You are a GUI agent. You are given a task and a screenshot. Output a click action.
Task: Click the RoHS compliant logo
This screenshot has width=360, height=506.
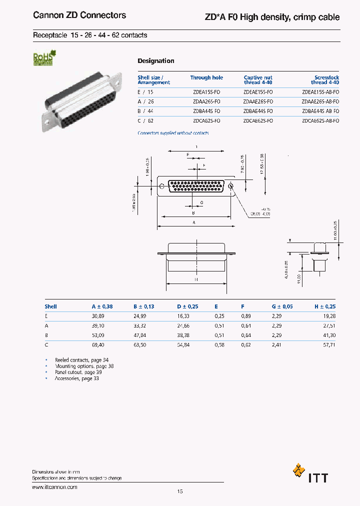pyautogui.click(x=43, y=59)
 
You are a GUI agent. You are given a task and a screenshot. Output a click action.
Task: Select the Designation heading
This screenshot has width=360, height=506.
pyautogui.click(x=156, y=61)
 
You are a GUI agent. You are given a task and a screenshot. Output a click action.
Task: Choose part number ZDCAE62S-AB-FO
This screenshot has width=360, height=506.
pyautogui.click(x=320, y=121)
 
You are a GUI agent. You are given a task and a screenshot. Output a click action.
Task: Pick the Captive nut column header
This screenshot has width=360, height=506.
pyautogui.click(x=258, y=80)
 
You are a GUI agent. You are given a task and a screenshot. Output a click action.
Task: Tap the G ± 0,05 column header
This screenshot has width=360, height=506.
pyautogui.click(x=282, y=306)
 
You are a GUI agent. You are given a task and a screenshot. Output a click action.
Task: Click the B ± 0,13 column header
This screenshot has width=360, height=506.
pyautogui.click(x=144, y=306)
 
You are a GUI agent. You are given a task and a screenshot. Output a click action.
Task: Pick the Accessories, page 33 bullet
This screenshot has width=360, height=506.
pyautogui.click(x=76, y=378)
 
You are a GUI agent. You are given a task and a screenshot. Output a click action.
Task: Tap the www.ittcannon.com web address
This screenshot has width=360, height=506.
pyautogui.click(x=55, y=486)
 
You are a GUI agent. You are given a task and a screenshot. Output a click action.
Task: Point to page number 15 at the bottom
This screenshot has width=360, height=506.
pyautogui.click(x=180, y=491)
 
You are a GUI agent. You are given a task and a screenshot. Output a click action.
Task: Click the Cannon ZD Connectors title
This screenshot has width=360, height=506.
pyautogui.click(x=79, y=15)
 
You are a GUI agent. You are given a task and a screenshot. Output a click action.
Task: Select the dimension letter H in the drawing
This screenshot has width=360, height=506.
pyautogui.click(x=196, y=279)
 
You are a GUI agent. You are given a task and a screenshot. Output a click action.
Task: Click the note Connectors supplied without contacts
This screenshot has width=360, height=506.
pyautogui.click(x=173, y=133)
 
